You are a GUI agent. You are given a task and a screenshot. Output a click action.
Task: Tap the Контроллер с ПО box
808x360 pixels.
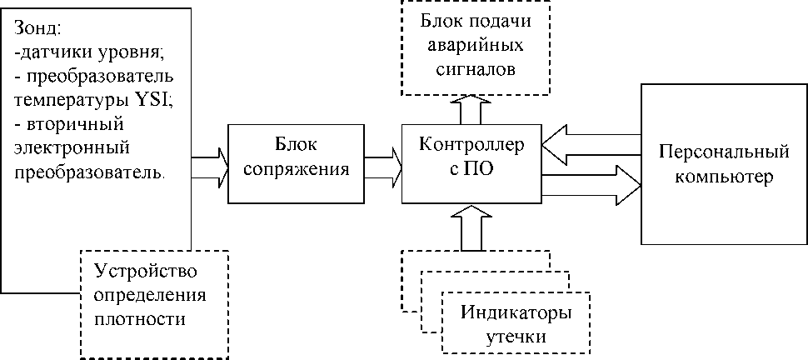(471, 164)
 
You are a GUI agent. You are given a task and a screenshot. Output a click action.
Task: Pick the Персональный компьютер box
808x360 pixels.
(723, 164)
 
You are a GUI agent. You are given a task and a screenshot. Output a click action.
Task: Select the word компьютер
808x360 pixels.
(723, 177)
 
